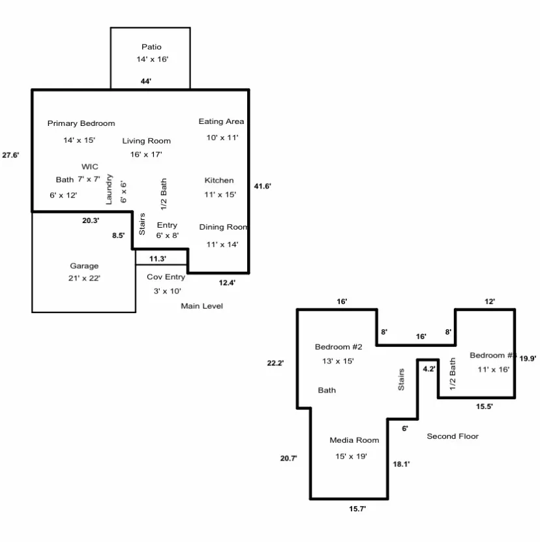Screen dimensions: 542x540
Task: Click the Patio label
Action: [151, 47]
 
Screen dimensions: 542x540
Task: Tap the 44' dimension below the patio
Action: [146, 82]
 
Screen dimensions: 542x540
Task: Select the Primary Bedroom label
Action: [81, 123]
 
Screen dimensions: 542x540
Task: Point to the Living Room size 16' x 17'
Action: [146, 155]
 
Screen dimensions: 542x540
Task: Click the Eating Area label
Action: [221, 121]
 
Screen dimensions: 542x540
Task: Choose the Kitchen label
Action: [219, 180]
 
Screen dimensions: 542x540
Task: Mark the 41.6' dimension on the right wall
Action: [262, 187]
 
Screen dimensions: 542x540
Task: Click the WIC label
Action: [90, 167]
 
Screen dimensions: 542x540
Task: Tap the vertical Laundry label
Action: [109, 189]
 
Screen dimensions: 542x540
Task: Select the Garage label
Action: [84, 265]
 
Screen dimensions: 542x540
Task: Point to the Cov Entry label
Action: [166, 277]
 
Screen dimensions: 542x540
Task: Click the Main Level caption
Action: [202, 306]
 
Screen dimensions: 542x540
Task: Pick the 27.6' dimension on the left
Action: [10, 155]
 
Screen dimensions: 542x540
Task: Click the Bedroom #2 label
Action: [338, 346]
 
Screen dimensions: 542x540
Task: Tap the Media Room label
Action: [354, 440]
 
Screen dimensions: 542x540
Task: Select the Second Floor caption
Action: [453, 436]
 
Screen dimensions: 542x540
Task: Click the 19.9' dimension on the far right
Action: [528, 357]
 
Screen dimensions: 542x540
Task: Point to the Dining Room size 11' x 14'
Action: [222, 244]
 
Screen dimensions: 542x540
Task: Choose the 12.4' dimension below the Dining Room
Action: [227, 282]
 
